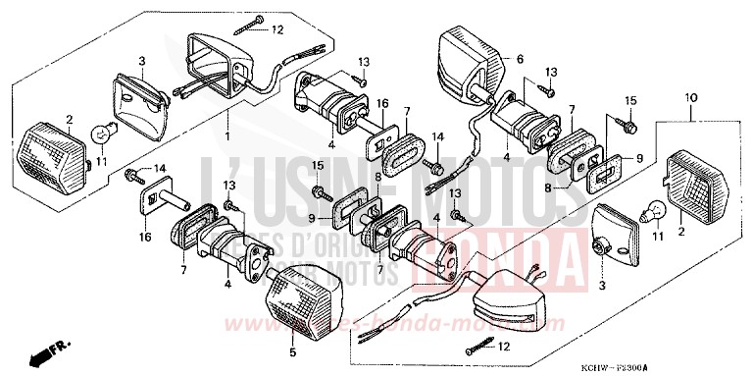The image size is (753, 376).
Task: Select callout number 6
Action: click(x=520, y=59)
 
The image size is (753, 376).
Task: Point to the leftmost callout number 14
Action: click(x=161, y=169)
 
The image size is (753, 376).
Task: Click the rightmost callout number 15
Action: click(x=631, y=99)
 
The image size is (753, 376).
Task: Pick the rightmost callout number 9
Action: click(x=640, y=157)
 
